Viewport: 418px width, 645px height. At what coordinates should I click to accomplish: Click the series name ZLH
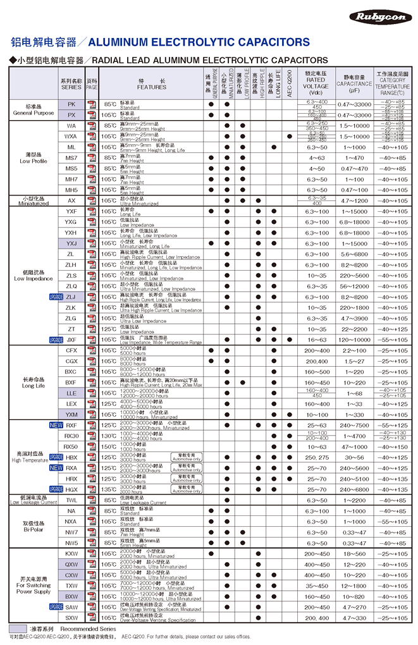(71, 265)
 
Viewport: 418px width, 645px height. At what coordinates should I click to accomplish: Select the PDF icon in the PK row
(92, 104)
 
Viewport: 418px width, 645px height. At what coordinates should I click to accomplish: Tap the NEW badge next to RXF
(56, 425)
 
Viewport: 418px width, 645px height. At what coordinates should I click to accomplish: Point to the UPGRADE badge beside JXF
(56, 340)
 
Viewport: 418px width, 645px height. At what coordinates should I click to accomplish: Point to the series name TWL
(71, 500)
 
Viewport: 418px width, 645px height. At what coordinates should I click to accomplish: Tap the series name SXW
(71, 617)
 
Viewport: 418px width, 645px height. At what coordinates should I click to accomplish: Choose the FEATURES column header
(152, 83)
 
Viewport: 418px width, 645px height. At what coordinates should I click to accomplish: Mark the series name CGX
(71, 361)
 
